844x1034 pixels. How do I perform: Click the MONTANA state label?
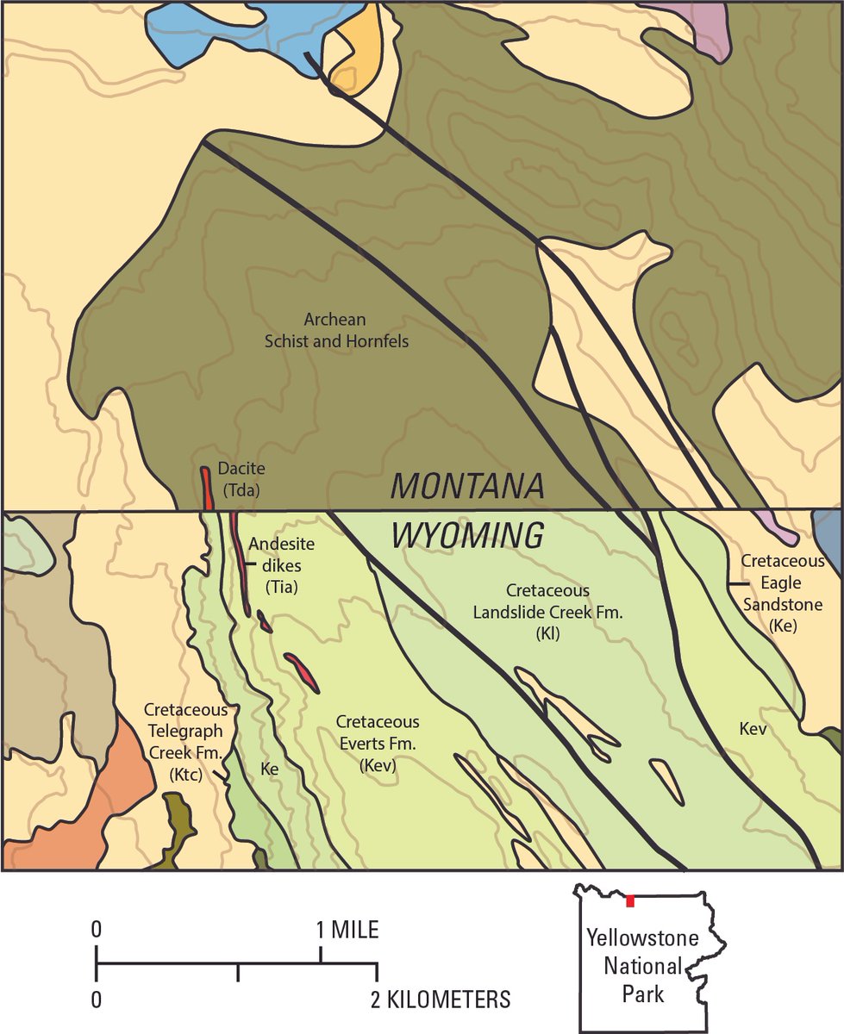[x=467, y=487]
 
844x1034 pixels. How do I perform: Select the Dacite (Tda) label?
[x=241, y=479]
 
